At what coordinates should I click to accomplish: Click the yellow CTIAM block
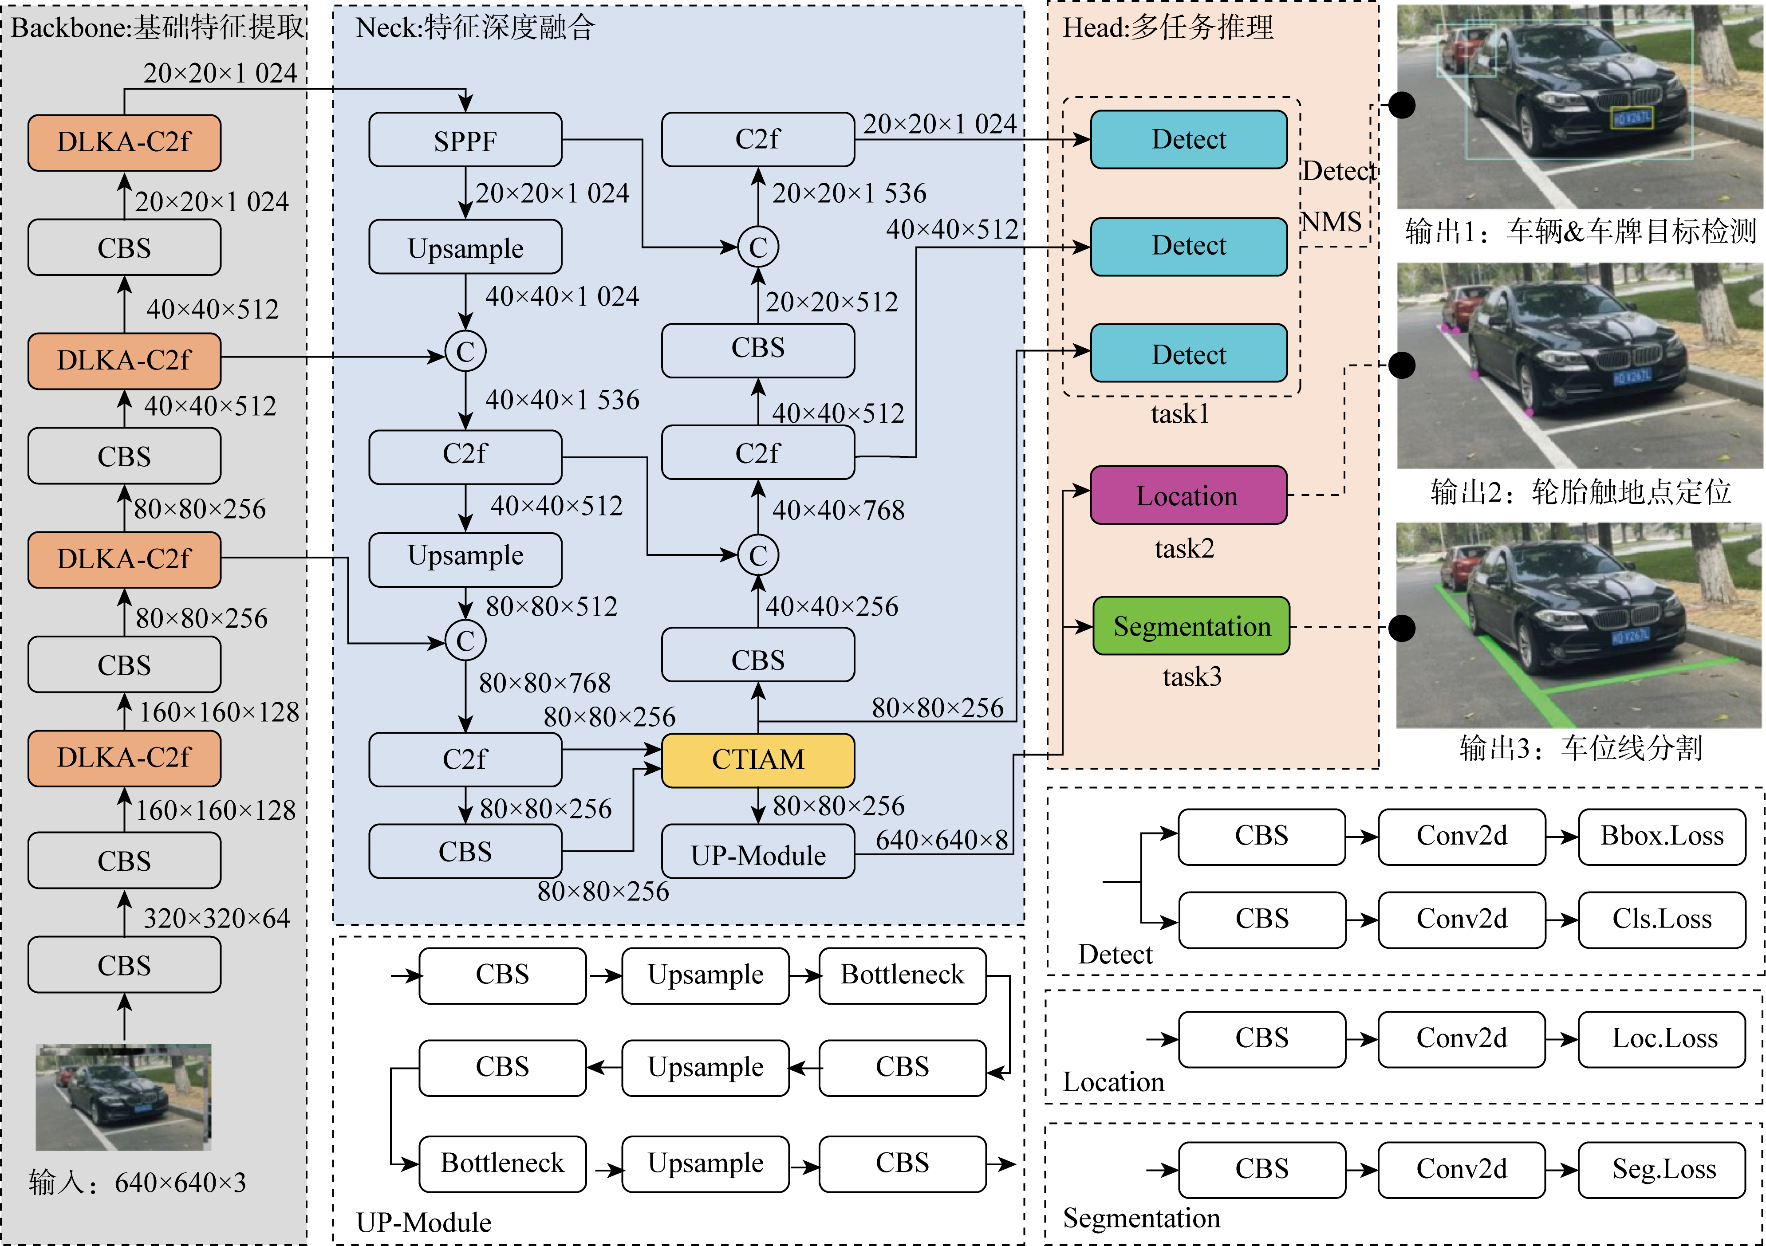(757, 760)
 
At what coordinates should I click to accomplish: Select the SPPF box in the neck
(465, 141)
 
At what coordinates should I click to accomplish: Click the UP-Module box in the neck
(757, 854)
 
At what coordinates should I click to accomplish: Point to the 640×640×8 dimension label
(942, 840)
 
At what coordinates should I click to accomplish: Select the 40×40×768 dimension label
(838, 510)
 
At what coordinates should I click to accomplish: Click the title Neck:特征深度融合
(475, 28)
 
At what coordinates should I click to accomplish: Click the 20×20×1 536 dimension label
(849, 193)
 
